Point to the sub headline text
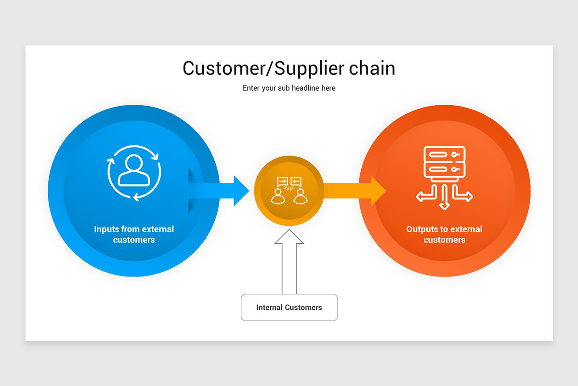coord(289,88)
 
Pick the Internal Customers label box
coord(289,307)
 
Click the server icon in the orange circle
coord(444,162)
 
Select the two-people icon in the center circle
coord(289,191)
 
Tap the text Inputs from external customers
coord(134,234)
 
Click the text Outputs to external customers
coord(444,234)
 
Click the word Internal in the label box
coord(269,307)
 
